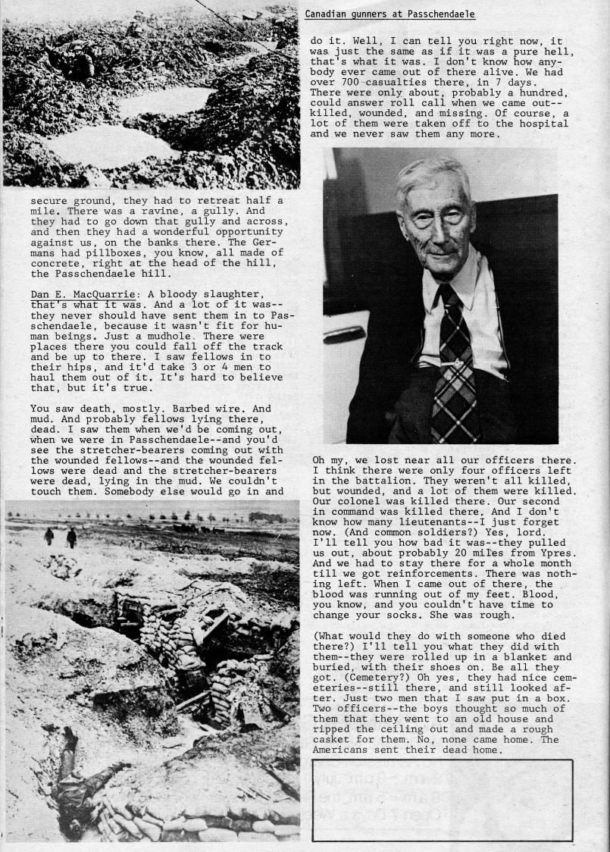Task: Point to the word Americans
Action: pyautogui.click(x=341, y=750)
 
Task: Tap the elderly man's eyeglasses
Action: pyautogui.click(x=435, y=219)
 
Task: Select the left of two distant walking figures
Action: pyautogui.click(x=49, y=536)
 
